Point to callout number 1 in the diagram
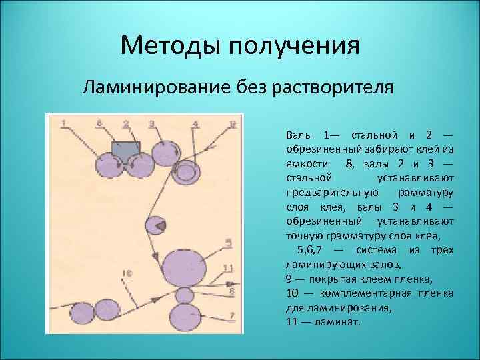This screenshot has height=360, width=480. click(x=63, y=123)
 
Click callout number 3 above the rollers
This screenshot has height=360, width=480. click(x=151, y=123)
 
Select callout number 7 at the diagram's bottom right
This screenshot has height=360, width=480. click(x=231, y=314)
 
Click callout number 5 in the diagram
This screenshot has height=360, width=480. click(x=229, y=243)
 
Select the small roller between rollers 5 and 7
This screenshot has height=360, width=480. click(x=184, y=295)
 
